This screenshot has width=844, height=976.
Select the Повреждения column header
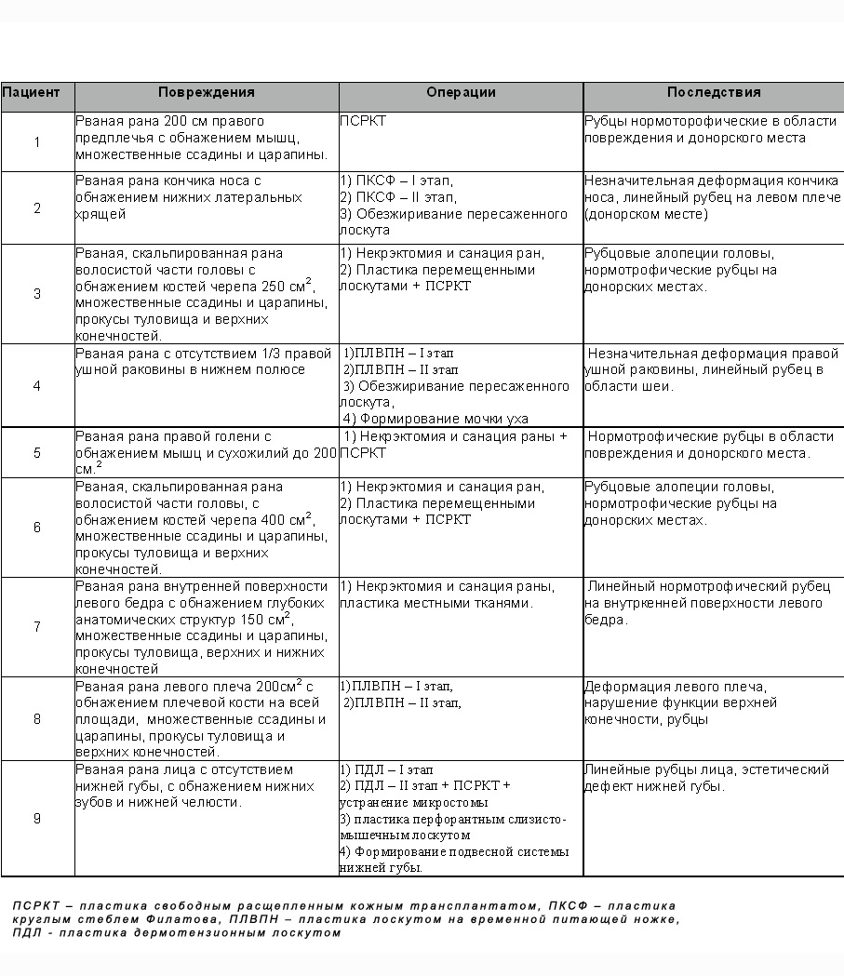tap(206, 93)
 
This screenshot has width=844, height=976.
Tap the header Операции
tap(461, 93)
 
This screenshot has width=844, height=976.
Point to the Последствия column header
tap(714, 93)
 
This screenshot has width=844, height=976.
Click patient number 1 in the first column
tap(37, 142)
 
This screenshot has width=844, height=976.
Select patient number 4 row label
tap(37, 386)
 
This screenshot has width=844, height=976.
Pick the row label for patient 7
tap(37, 627)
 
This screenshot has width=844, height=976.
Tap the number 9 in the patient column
tap(37, 819)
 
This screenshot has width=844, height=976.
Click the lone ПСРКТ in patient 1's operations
tap(363, 121)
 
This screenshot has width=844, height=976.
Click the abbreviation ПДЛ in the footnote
tap(27, 933)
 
